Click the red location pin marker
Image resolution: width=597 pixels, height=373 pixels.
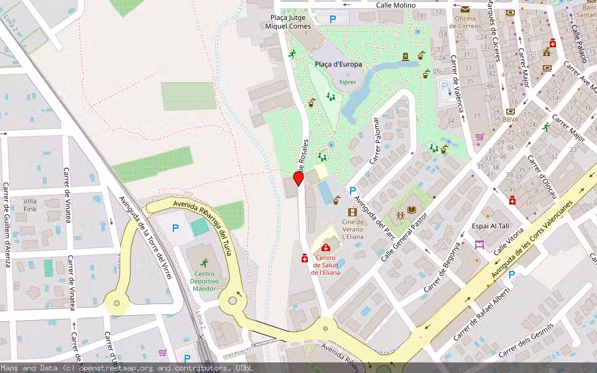click(x=298, y=178)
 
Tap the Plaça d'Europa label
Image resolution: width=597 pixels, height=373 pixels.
click(x=338, y=65)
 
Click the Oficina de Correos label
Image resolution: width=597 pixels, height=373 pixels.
click(x=465, y=22)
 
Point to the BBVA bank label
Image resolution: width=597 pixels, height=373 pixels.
click(x=511, y=119)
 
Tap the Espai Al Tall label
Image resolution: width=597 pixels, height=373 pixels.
click(x=490, y=226)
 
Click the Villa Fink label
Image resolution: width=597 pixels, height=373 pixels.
click(x=30, y=205)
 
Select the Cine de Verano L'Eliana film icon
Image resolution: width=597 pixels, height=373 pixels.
click(x=353, y=212)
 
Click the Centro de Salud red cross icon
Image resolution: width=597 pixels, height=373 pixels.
click(x=326, y=248)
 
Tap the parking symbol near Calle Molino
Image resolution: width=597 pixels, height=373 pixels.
click(x=333, y=19)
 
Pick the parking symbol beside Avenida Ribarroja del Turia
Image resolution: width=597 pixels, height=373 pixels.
click(x=175, y=229)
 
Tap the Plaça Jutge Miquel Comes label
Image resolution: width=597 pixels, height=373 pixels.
click(x=288, y=22)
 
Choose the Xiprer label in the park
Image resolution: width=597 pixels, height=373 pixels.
click(x=348, y=81)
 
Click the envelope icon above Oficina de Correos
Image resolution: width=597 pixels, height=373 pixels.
click(x=465, y=9)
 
